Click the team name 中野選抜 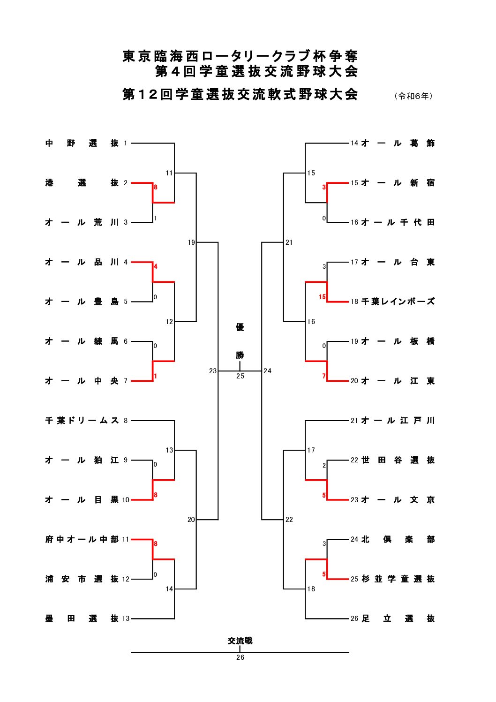[82, 143]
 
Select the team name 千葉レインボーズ [398, 302]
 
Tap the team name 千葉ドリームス [82, 421]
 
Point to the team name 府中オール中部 [82, 540]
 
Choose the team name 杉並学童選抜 [398, 579]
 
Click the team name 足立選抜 [398, 619]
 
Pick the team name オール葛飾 [398, 143]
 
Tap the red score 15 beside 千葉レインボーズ [322, 297]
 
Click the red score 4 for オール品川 [156, 266]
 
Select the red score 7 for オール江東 [324, 376]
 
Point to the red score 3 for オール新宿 [324, 187]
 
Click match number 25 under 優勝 [240, 376]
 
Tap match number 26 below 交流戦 [240, 657]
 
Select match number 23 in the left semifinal [213, 371]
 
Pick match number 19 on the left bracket [191, 242]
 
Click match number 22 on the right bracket [289, 520]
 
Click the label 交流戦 [240, 641]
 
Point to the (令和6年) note [413, 96]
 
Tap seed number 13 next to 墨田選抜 [126, 619]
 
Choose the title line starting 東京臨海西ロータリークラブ [240, 56]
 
